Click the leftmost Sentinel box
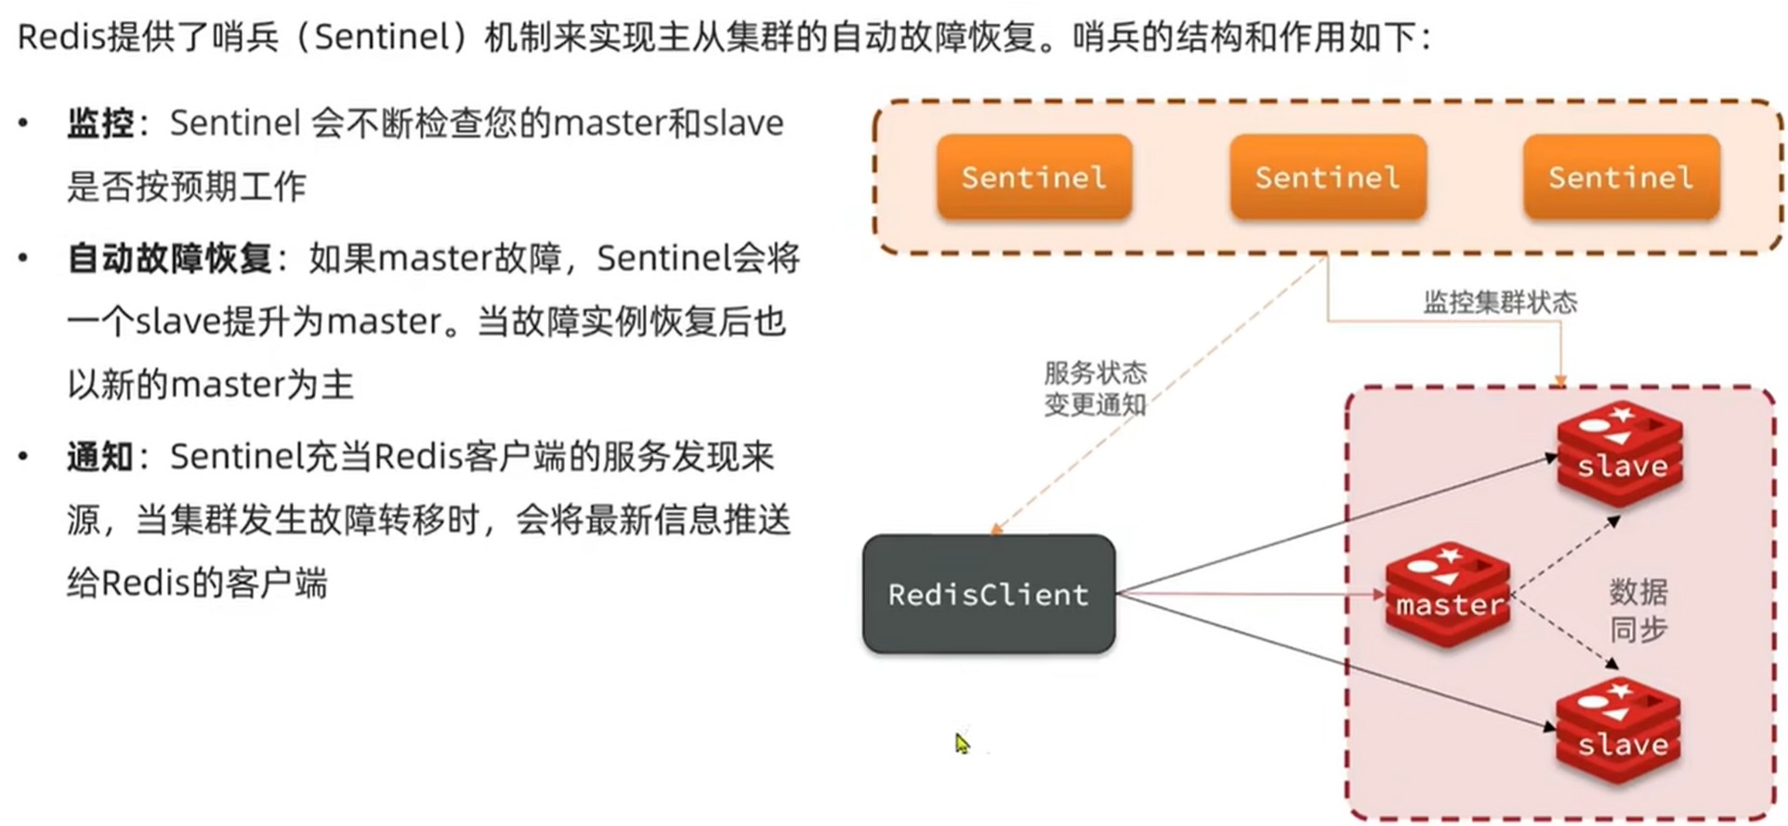[x=1033, y=177]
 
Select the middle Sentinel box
[x=1327, y=177]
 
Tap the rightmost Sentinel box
[x=1621, y=177]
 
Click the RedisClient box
[x=989, y=594]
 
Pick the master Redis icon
[x=1448, y=594]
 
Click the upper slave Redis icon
[x=1621, y=454]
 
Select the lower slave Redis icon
[x=1619, y=731]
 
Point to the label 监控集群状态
[x=1500, y=302]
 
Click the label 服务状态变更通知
[x=1095, y=388]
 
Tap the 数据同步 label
[x=1638, y=610]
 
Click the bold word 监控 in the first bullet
[x=100, y=123]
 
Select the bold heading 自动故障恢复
[x=169, y=258]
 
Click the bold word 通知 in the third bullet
[x=100, y=457]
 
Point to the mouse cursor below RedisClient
[x=961, y=742]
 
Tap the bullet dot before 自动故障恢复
[x=23, y=258]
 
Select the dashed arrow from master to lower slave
[x=1566, y=633]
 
